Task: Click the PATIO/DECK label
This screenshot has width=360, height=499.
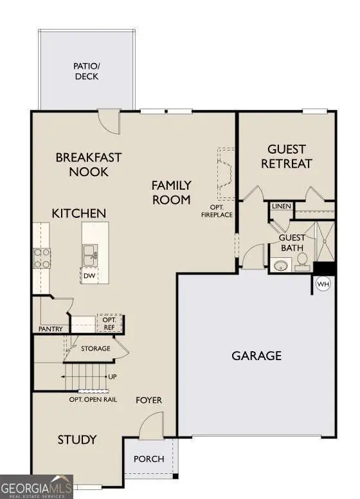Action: [x=87, y=70]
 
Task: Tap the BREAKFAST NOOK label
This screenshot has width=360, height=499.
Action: [x=89, y=165]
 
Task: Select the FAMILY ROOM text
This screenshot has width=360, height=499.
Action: [x=171, y=192]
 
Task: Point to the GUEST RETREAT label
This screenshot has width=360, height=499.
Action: [x=286, y=156]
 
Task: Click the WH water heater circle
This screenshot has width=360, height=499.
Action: [x=323, y=283]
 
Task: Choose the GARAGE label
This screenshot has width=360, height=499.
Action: [x=256, y=356]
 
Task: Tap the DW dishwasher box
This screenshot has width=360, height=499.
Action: [x=91, y=277]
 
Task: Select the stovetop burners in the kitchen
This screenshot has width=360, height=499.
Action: [x=42, y=258]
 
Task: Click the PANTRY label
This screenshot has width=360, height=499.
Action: [x=50, y=329]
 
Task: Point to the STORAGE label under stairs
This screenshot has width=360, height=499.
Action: [x=95, y=349]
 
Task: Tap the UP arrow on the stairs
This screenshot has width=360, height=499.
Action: [x=112, y=377]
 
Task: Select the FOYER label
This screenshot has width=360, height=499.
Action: [x=148, y=400]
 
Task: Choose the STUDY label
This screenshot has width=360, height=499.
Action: [x=77, y=440]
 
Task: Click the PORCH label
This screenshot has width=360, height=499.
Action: [x=148, y=459]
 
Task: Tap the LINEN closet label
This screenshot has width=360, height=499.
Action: [x=282, y=206]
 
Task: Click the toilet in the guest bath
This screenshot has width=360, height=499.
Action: [x=302, y=260]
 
